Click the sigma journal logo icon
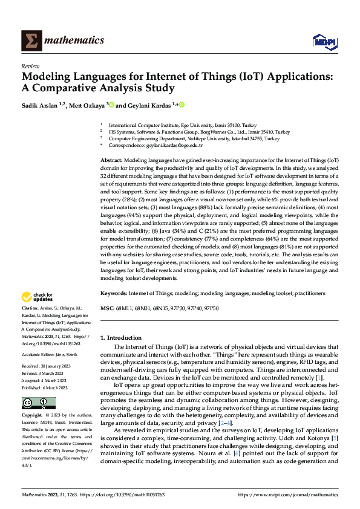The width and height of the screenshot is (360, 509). [30, 41]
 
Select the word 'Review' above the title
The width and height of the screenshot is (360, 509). [30, 65]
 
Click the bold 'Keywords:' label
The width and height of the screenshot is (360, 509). [114, 293]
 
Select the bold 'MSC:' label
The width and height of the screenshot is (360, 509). [107, 308]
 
